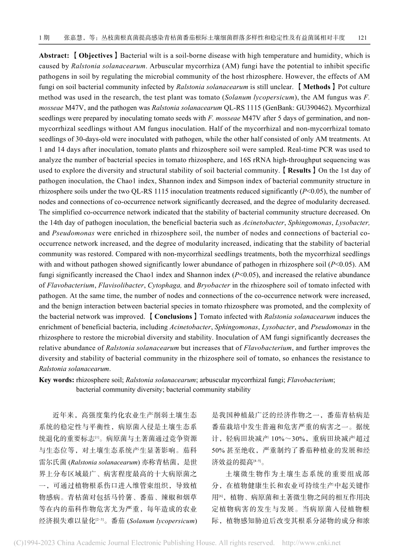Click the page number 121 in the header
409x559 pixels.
click(363, 38)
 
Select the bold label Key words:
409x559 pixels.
click(56, 380)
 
